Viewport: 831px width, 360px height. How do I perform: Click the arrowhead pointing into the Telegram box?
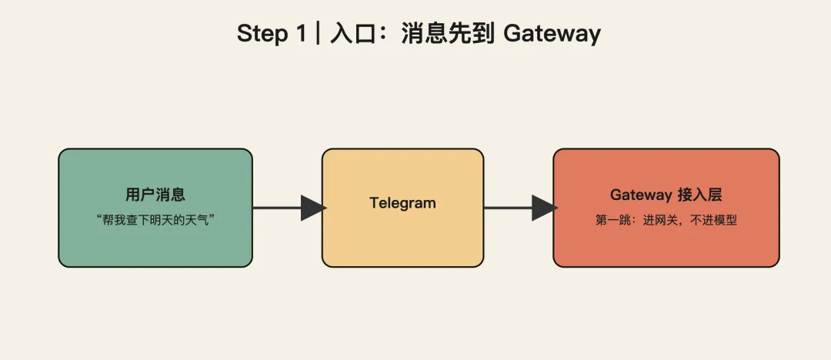pos(312,208)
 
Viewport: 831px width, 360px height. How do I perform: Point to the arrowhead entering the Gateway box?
pos(543,208)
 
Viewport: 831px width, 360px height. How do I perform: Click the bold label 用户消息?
pos(155,195)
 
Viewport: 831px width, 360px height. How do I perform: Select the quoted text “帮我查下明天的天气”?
pos(155,219)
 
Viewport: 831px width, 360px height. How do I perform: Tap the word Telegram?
pos(402,203)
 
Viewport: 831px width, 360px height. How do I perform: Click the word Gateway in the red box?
pos(641,195)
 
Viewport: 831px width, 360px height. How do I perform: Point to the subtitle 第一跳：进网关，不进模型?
pos(666,220)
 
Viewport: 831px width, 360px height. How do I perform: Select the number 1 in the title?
pos(301,34)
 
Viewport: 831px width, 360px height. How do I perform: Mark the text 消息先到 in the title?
pos(446,34)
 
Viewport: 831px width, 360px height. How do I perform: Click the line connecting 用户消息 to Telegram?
pos(276,208)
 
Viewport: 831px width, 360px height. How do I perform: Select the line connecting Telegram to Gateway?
pos(507,208)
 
